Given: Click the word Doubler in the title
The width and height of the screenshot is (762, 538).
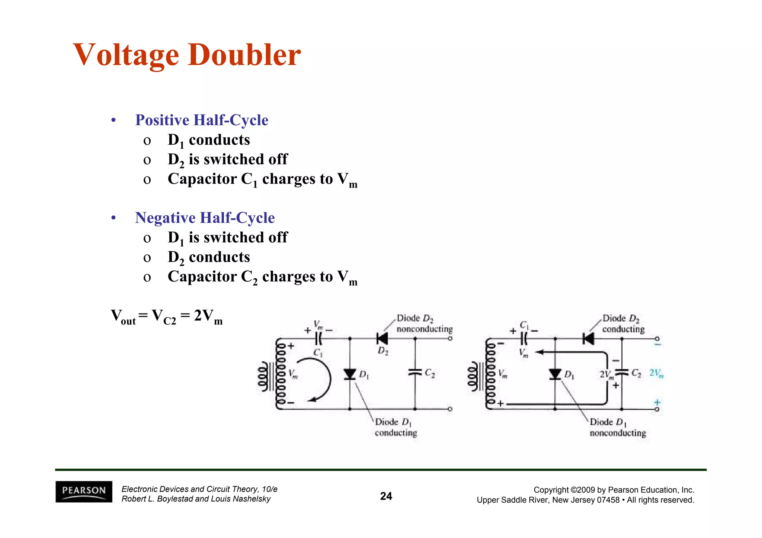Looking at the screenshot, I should [244, 55].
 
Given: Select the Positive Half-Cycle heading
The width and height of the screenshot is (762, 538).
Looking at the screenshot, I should [201, 120].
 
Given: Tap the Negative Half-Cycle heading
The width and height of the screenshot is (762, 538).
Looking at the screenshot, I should [205, 218].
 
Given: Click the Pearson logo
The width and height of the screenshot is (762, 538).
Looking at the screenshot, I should [84, 491].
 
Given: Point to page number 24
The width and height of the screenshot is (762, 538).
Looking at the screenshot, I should [386, 496].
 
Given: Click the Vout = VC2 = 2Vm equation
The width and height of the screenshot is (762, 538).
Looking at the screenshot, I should [167, 317].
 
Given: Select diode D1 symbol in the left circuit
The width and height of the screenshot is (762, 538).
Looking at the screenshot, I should [349, 374].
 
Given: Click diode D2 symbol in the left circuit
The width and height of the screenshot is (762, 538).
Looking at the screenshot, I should [382, 339].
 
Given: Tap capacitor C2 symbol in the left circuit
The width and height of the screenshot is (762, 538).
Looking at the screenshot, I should [415, 372].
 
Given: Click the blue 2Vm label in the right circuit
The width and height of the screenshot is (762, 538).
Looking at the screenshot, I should [656, 373].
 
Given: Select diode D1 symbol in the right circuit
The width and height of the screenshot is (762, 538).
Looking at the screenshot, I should [555, 374].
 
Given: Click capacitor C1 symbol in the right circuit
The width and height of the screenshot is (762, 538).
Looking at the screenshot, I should [524, 339].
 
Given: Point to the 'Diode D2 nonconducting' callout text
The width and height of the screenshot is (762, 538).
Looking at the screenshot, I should [424, 323].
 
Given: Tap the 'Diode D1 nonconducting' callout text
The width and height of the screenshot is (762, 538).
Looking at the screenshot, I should [618, 428].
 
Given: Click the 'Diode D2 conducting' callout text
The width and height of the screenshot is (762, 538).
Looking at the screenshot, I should [623, 323].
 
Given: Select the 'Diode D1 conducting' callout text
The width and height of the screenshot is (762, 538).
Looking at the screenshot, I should [396, 428].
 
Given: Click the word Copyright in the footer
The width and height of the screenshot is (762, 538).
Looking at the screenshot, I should [551, 490].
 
